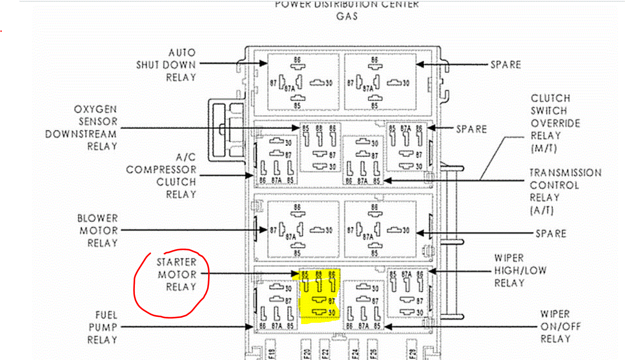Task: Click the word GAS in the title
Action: (347, 16)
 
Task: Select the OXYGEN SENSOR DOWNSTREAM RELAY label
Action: (82, 127)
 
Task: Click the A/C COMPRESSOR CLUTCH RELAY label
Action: (162, 176)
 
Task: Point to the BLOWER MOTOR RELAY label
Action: (98, 231)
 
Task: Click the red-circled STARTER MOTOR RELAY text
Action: (177, 275)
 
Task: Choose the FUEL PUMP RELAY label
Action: (102, 327)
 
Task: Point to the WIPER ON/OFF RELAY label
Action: (560, 327)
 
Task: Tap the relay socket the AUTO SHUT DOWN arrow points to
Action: (304, 82)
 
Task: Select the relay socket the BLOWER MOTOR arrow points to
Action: (304, 229)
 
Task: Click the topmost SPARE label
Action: (505, 65)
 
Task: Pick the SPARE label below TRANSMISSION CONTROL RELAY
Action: (551, 234)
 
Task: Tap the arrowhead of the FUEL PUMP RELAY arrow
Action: (250, 327)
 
